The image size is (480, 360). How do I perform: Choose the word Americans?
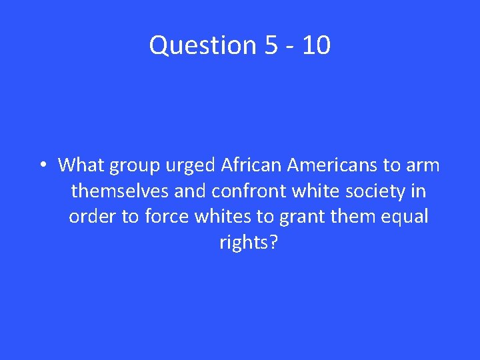[x=331, y=165]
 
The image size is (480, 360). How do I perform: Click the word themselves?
[x=120, y=191]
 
